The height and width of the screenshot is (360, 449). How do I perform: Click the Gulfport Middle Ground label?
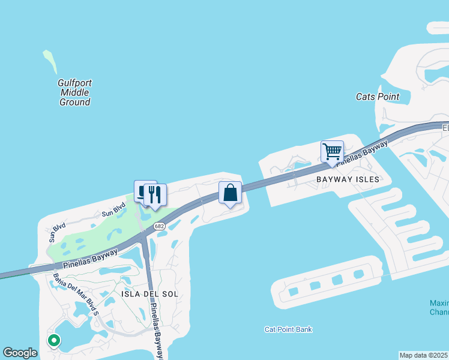point(75,92)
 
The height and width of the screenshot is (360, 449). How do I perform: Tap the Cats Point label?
point(378,96)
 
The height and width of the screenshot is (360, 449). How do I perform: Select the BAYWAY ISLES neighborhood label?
point(349,179)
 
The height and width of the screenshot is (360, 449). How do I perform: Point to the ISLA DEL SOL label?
point(150,294)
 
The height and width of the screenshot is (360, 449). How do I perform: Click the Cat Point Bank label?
point(288,329)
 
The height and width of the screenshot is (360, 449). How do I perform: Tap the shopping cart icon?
point(332,151)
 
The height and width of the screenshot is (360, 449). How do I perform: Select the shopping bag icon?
point(230,193)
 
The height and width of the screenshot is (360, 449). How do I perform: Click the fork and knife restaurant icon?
point(155,194)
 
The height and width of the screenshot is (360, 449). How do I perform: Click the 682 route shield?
point(159,226)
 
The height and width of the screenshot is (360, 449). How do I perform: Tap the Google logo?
point(20,353)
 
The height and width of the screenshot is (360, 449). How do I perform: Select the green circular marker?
point(53,340)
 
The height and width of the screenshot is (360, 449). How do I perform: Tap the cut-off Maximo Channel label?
point(439,307)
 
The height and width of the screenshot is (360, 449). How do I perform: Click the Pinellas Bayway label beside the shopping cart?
point(361,152)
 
